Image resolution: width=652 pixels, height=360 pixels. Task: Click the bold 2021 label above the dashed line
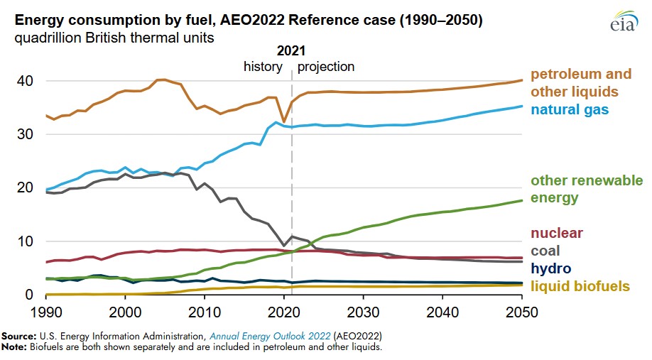[291, 51]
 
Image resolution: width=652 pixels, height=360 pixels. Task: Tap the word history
[263, 67]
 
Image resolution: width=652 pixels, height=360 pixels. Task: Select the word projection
[326, 67]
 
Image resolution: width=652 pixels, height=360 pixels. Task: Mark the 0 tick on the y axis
[29, 295]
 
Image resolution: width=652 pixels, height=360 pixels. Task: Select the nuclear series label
[558, 234]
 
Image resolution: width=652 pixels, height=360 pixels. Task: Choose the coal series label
[545, 251]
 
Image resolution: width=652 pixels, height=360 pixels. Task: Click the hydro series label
[550, 268]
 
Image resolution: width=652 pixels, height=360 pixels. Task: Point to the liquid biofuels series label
[580, 285]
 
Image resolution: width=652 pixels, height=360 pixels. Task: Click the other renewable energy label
[587, 189]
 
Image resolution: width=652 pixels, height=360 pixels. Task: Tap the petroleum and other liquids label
[581, 83]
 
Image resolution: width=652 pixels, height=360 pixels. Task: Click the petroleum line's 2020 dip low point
[284, 122]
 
